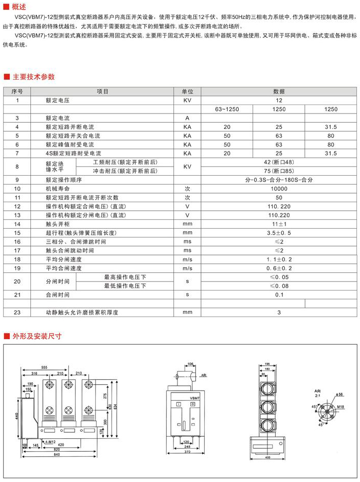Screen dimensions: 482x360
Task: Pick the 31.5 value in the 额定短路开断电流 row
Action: tap(331, 126)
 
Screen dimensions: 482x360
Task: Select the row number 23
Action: tap(17, 312)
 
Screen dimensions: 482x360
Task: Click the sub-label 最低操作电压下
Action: tap(125, 285)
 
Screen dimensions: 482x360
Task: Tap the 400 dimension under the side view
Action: tap(267, 456)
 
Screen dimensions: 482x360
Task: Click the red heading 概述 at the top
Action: tap(19, 6)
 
